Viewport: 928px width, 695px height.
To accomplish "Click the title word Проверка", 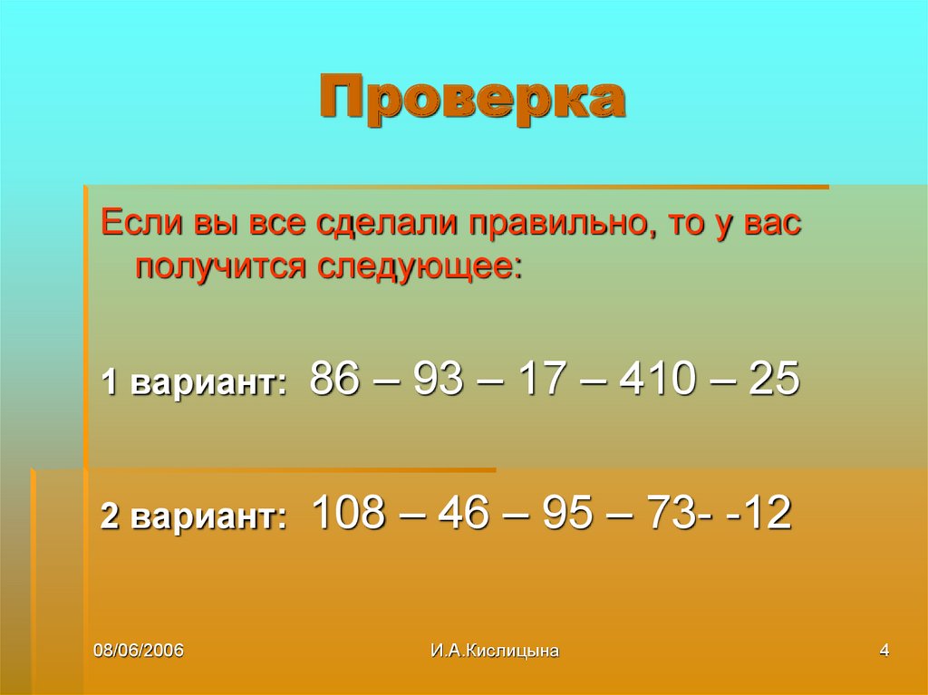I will pos(471,101).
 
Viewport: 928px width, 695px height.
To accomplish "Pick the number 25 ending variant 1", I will pos(774,379).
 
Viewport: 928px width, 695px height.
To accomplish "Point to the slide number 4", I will pos(884,651).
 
